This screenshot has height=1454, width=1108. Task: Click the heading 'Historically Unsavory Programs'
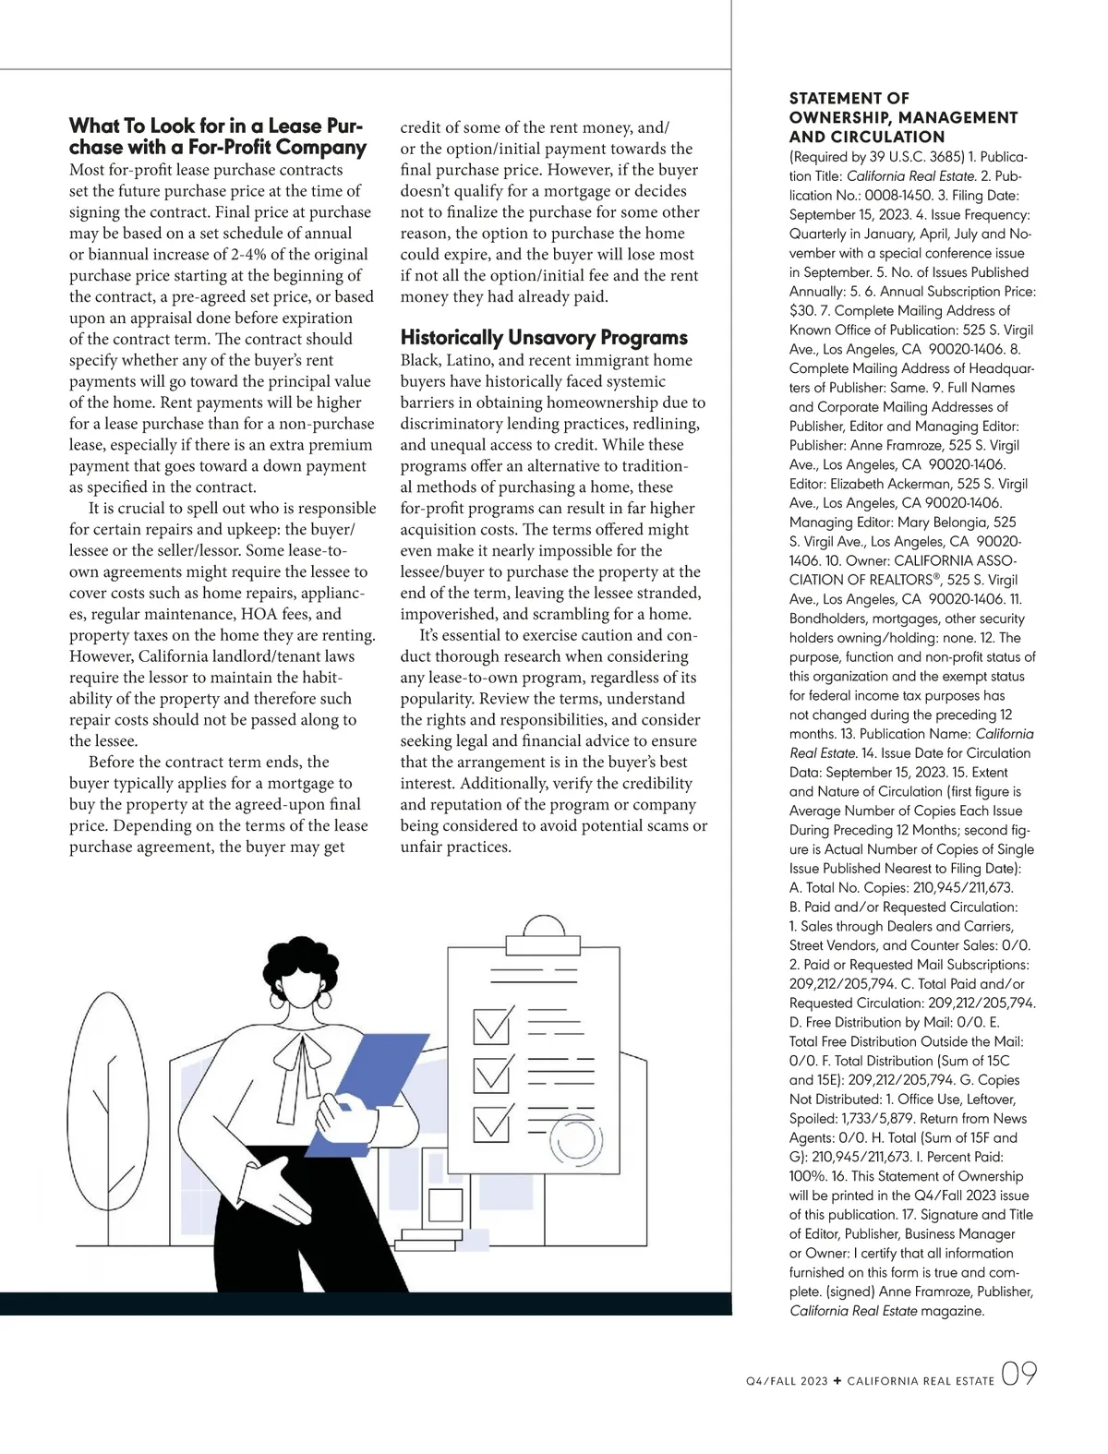tap(544, 338)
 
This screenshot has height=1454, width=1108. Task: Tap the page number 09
tap(1018, 1375)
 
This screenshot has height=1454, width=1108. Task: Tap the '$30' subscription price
tap(801, 311)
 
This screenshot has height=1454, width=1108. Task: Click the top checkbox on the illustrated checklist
tap(491, 1026)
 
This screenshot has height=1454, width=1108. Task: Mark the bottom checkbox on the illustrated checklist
tap(491, 1122)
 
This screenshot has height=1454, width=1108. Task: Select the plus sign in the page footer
tap(837, 1381)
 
